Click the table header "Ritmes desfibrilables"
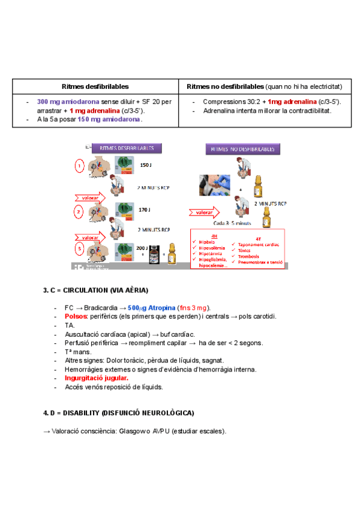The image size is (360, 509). (95, 86)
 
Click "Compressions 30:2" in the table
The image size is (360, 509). (230, 102)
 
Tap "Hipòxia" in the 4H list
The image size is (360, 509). (206, 241)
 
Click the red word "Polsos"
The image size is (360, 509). (76, 316)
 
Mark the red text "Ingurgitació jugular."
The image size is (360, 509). (97, 378)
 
